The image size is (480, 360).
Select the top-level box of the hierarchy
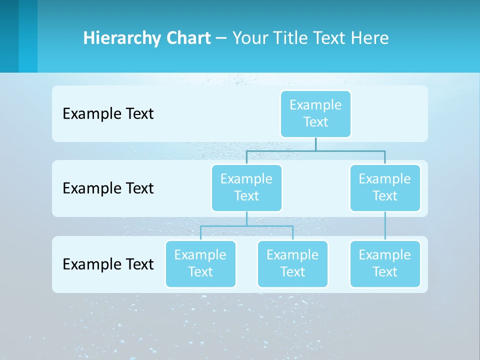pos(315,113)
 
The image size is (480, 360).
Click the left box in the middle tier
pos(246,187)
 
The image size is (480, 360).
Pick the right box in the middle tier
pos(385,187)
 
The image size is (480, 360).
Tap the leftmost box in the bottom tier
pos(200,263)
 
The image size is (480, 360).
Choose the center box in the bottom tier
pos(292,263)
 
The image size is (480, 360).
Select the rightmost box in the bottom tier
pos(385,263)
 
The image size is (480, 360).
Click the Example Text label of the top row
pos(108,114)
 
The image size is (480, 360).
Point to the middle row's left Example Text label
pos(108,188)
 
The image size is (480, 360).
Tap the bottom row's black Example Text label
pos(108,264)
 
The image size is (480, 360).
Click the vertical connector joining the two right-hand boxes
pos(385,226)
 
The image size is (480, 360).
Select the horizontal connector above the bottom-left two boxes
pos(225,226)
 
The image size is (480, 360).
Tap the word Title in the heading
pos(289,38)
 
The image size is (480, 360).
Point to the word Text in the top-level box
pos(315,122)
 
